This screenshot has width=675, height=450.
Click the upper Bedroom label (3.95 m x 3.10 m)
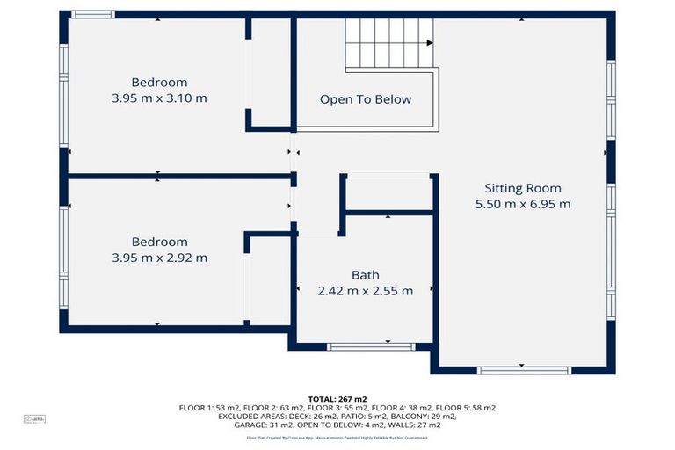(159, 83)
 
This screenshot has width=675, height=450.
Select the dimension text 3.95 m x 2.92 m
(159, 258)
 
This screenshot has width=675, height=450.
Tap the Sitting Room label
(522, 188)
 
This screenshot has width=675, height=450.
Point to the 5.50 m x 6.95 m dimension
(522, 204)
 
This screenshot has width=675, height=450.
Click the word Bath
(365, 275)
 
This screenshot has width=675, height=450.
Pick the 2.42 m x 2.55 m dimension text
(365, 291)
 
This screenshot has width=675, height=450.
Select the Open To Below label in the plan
(365, 99)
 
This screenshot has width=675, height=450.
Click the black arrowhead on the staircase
(430, 42)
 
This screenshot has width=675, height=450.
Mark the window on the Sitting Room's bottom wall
(524, 371)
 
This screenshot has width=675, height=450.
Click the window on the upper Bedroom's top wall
(92, 14)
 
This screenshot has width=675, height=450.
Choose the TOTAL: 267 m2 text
(337, 398)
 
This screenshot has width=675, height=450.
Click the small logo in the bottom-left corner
(34, 419)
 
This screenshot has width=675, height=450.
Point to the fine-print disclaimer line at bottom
(337, 437)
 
